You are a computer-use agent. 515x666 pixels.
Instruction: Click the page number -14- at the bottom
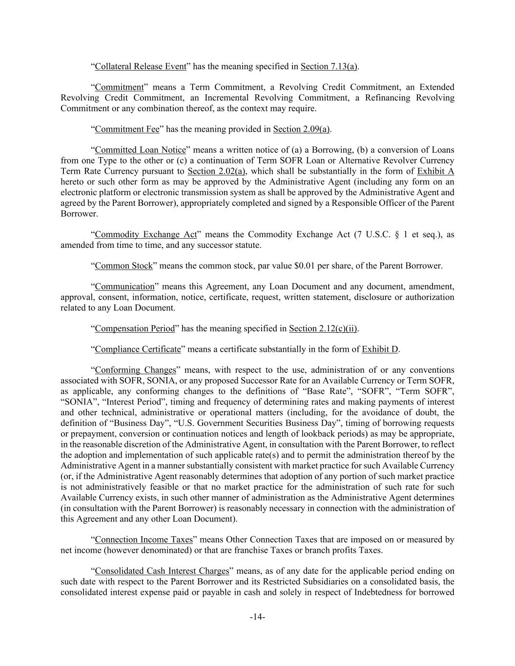point(257,617)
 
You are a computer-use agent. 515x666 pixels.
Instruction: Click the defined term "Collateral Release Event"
point(141,66)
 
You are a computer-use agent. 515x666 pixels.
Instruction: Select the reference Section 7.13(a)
point(329,66)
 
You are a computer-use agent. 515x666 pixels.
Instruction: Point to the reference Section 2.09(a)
point(301,129)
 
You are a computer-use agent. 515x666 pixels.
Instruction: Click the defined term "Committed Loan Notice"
point(141,150)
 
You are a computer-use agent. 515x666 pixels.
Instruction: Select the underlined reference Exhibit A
point(435,171)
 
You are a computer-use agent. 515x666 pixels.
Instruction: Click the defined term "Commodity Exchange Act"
point(145,235)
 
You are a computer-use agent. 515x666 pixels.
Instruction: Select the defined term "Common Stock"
point(124,266)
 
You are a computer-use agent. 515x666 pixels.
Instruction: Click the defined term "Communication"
point(124,287)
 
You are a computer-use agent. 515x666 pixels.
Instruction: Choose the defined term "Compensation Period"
point(135,329)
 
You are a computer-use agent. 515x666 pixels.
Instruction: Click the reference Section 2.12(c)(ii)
point(323,329)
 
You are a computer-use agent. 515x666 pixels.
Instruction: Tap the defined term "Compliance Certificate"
point(138,349)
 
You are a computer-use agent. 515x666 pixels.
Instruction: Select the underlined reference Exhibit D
point(380,349)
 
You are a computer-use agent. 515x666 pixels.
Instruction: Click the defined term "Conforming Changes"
point(135,370)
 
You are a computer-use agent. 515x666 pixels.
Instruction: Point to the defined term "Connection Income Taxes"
point(144,540)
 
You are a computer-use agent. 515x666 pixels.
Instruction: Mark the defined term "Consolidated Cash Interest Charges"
point(162,571)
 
